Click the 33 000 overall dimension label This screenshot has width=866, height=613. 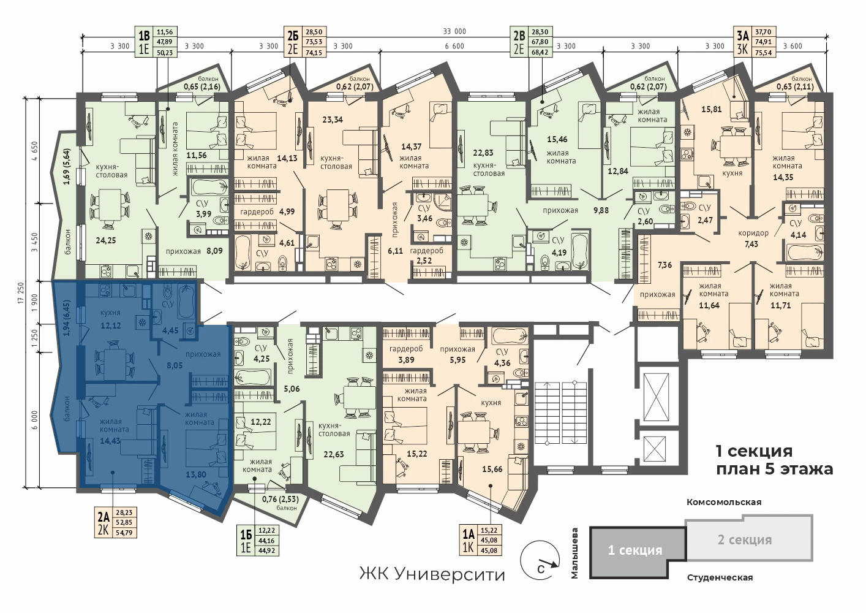tap(454, 31)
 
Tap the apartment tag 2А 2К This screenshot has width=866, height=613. tap(116, 522)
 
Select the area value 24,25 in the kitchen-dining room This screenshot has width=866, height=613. tap(106, 240)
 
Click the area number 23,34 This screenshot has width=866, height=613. tap(333, 120)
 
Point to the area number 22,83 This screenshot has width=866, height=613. tap(483, 153)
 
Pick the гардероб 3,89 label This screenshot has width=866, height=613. tap(406, 354)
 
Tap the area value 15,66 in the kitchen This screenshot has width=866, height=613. tap(492, 470)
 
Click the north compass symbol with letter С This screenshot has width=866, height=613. tap(540, 560)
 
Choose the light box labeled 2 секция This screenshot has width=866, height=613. tap(749, 538)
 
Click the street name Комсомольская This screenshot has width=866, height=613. tap(724, 502)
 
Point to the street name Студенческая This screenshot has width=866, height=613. tap(720, 578)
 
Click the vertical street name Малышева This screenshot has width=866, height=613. tap(574, 553)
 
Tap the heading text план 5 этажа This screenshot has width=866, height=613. tap(774, 469)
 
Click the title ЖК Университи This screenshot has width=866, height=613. tap(432, 575)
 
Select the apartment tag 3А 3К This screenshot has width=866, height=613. tap(755, 42)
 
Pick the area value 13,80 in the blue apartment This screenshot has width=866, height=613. tap(196, 475)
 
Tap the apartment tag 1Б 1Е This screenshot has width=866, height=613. tap(258, 541)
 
